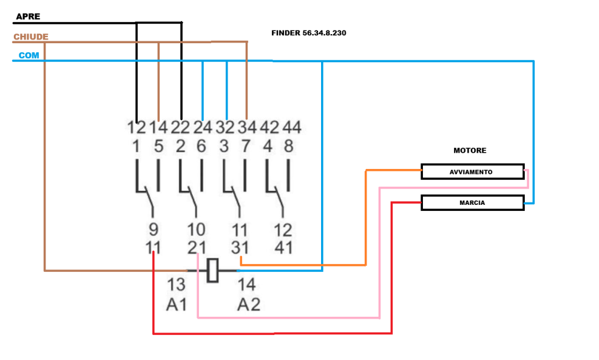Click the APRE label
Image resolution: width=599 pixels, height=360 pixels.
coord(28,16)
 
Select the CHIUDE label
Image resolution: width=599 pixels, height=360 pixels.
coord(31,37)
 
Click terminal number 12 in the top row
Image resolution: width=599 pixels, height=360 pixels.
coord(137,128)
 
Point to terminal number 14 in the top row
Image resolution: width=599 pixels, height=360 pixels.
coord(158,128)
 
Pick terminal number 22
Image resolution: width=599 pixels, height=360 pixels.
coord(180,128)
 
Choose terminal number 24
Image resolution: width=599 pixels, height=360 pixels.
coord(202,128)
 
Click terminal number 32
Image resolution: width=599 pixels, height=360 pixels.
coord(225,128)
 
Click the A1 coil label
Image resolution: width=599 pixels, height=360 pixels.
coord(177,304)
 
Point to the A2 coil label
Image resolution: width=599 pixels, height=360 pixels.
coord(249,304)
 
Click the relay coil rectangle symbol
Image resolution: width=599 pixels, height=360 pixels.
coord(212,270)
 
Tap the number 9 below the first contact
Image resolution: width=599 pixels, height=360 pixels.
coord(153,229)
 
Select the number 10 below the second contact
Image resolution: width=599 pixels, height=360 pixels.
coord(196,229)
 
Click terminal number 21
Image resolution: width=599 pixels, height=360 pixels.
coord(196,246)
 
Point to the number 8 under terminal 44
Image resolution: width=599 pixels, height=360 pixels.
coord(289,146)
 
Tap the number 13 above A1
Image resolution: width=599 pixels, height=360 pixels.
coord(176,285)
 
